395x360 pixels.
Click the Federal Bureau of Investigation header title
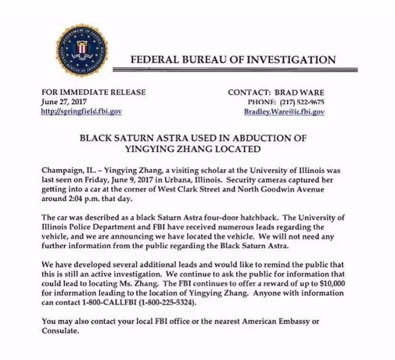[x=233, y=60]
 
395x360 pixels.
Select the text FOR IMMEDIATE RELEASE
[x=93, y=92]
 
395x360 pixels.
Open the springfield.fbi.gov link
[x=81, y=112]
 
